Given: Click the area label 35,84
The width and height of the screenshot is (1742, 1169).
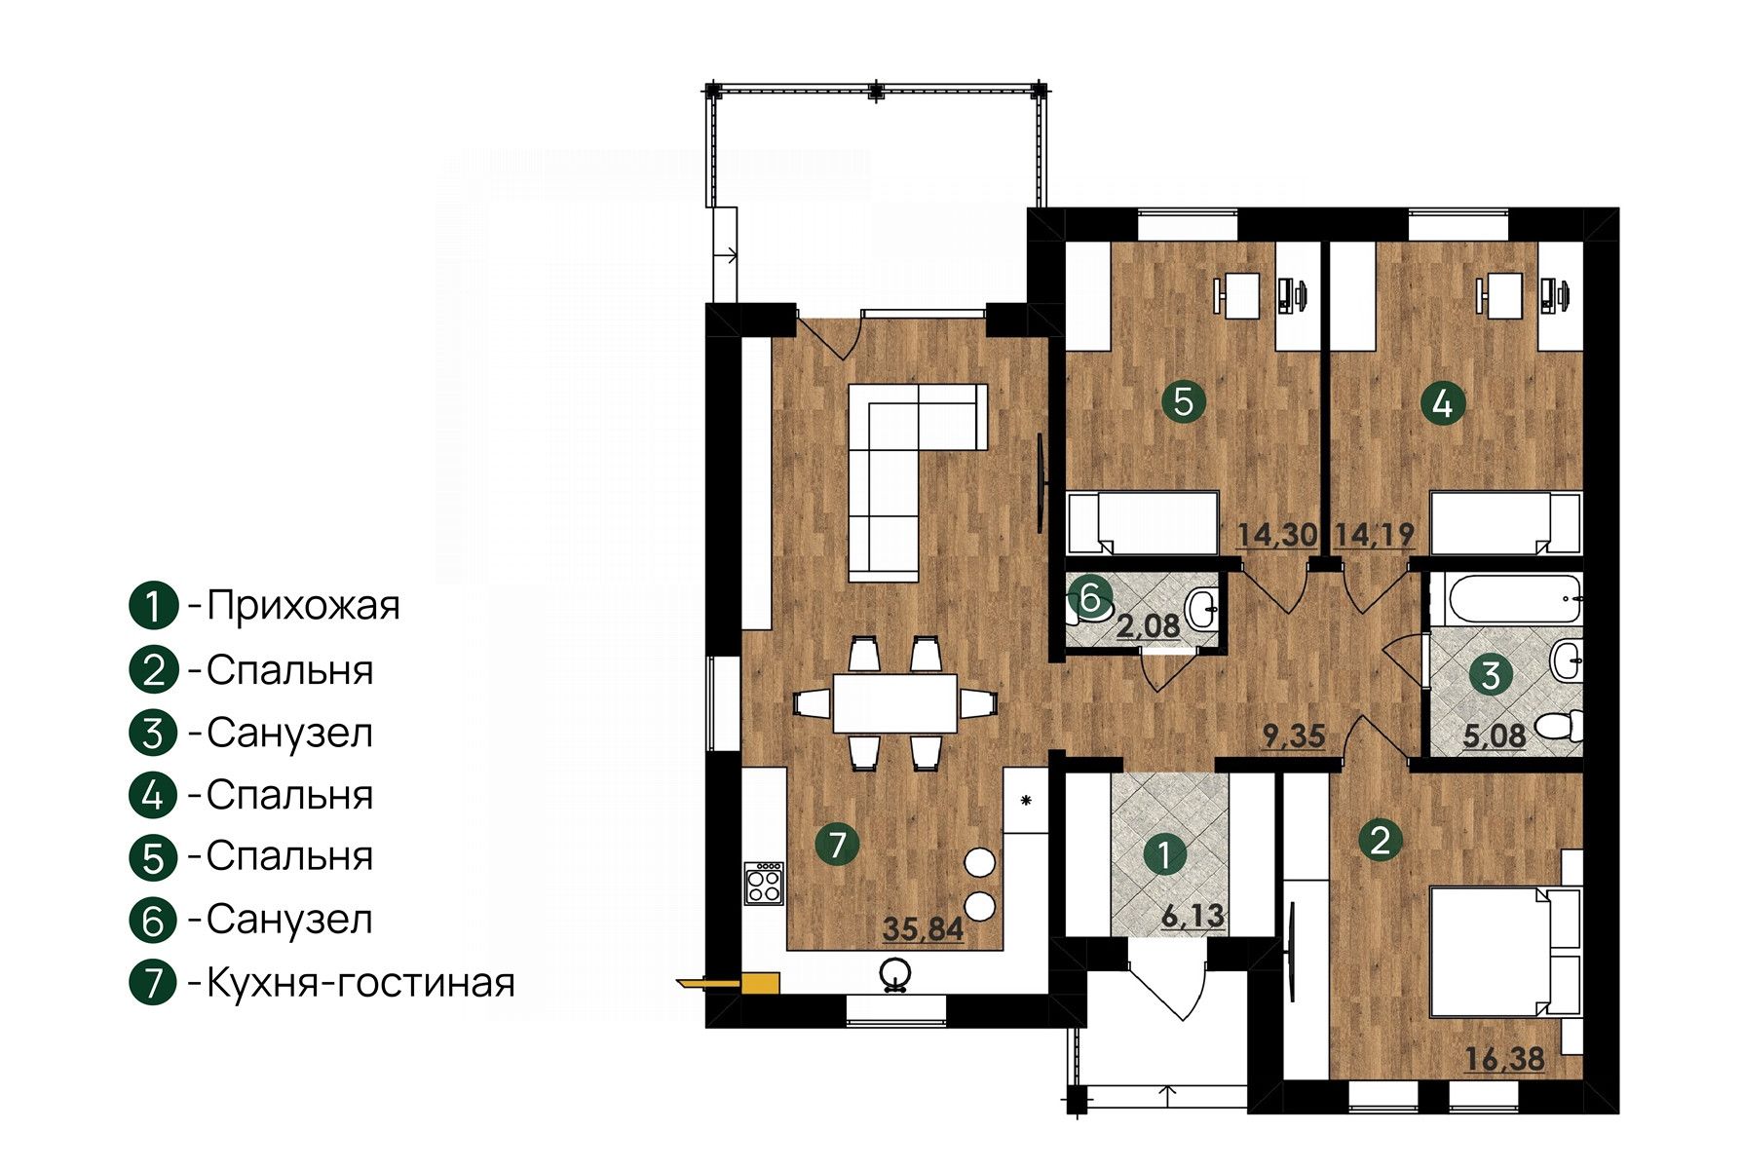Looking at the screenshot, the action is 923,929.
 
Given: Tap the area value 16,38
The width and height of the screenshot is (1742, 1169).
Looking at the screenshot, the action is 1505,1059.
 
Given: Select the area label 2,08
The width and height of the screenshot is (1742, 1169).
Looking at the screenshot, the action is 1148,625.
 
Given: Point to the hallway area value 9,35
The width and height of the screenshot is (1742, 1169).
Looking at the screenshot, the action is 1293,735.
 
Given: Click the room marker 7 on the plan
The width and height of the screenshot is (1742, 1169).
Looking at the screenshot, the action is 838,844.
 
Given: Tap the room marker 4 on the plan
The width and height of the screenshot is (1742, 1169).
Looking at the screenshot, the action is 1443,401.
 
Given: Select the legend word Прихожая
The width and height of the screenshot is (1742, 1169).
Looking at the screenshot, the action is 303,605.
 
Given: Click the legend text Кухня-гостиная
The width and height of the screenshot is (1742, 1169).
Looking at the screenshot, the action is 360,983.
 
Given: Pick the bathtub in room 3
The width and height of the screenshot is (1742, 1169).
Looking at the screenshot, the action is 1506,598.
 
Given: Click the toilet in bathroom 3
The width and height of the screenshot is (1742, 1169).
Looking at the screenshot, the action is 1561,726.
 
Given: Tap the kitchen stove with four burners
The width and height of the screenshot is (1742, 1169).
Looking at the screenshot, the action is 764,883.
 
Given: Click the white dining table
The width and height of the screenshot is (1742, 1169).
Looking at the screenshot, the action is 894,703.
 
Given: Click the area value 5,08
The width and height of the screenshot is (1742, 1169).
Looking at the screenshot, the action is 1495,735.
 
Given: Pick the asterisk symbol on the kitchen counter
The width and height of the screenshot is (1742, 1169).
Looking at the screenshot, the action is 1025,802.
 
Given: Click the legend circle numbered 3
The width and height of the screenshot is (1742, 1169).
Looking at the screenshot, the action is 153,734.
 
